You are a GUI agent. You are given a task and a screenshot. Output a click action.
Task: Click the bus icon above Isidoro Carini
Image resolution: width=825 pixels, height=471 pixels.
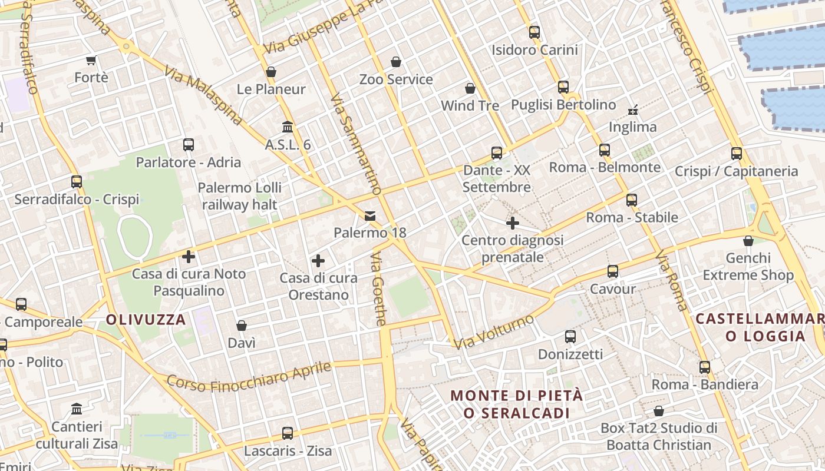(x=534, y=32)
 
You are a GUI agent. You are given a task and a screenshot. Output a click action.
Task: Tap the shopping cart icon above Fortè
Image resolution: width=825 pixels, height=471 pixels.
(x=91, y=60)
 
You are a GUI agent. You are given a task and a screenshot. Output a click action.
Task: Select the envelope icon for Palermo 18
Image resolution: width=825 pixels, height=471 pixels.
(x=370, y=215)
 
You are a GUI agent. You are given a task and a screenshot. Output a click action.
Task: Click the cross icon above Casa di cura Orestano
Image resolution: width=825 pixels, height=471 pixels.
(x=318, y=261)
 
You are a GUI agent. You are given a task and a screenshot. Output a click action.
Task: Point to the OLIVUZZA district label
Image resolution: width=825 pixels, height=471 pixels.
(x=146, y=320)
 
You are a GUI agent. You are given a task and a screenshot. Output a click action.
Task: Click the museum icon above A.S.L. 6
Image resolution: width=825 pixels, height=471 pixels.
(x=288, y=127)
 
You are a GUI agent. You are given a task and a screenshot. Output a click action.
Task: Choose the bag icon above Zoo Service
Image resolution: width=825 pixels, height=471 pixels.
(x=396, y=62)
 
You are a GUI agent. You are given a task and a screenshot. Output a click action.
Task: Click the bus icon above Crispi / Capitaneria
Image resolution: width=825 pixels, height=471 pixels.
(x=737, y=154)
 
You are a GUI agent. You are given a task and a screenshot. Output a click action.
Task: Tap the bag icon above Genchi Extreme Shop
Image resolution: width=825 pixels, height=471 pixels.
(x=748, y=241)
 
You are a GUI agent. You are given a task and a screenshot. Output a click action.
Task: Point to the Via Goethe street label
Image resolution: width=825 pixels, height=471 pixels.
(x=378, y=289)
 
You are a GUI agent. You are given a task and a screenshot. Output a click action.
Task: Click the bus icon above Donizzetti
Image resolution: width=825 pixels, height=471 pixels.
(x=570, y=337)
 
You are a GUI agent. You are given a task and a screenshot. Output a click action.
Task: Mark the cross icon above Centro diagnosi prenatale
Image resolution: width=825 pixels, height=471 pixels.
(x=513, y=223)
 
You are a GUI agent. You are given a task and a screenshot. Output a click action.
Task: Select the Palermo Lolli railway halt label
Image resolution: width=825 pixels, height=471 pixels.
(x=239, y=196)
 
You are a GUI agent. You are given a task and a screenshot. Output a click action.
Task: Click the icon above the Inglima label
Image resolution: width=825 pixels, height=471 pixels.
(x=633, y=110)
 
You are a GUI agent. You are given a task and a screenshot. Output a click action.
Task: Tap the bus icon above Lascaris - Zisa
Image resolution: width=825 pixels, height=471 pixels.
(x=288, y=433)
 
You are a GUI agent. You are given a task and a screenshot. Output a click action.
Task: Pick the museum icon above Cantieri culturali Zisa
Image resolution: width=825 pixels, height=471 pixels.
(x=77, y=409)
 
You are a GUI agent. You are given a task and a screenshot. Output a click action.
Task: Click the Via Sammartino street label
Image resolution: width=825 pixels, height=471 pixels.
(x=356, y=144)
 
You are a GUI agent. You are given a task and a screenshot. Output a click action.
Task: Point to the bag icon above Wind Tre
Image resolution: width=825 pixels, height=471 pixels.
(x=470, y=88)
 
